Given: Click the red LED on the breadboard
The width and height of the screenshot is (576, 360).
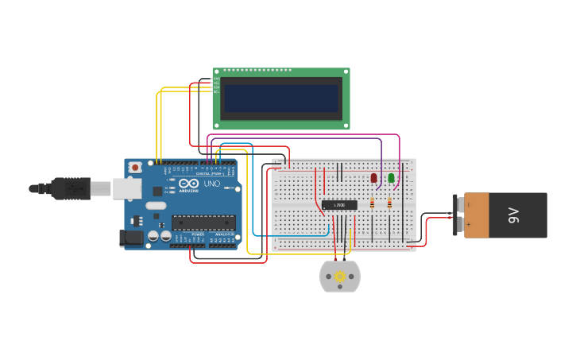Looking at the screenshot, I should (374, 178).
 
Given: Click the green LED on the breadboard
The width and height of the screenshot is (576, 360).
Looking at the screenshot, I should (391, 178).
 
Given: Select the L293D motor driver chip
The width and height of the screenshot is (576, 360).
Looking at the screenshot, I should (339, 205).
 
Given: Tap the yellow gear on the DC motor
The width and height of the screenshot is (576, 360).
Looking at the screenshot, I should (340, 277).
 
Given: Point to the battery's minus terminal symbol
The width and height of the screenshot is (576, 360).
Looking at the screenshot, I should (469, 204).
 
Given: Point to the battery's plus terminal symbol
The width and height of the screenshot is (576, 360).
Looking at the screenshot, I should (469, 225).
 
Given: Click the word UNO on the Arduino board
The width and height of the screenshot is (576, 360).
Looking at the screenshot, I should (212, 184).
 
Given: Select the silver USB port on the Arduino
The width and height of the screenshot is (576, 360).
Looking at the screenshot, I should (126, 188).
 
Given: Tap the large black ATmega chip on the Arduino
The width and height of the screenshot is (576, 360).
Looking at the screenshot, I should (203, 223).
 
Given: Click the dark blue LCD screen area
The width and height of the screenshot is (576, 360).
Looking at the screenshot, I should (281, 99).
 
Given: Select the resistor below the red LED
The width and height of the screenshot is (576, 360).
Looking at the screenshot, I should (372, 203).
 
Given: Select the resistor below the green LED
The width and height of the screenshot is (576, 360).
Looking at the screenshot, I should (389, 203).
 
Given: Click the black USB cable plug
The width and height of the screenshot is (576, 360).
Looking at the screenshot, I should (72, 188).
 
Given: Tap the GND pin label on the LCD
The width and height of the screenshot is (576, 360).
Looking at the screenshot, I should (215, 79).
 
